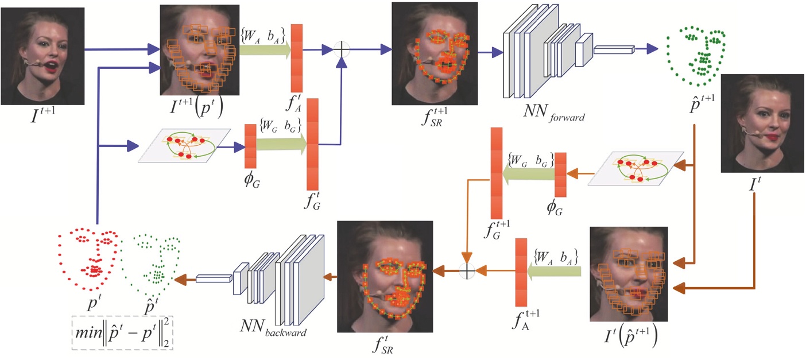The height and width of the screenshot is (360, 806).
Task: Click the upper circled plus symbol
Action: tap(342, 49)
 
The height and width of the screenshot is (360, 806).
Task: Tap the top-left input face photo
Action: tap(42, 56)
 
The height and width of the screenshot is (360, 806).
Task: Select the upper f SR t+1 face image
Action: tap(435, 53)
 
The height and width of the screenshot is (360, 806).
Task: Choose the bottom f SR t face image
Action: tap(384, 277)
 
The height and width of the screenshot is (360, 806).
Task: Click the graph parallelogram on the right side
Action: tap(638, 168)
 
